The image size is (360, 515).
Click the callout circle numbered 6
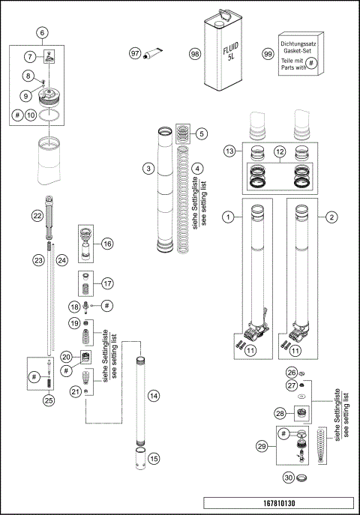click(41, 33)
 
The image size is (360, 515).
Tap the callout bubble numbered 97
click(136, 54)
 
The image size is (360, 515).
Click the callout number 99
click(268, 55)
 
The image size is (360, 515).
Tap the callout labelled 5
click(201, 134)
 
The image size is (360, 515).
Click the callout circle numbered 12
click(279, 151)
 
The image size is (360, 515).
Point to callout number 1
click(226, 217)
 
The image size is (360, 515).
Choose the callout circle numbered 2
click(330, 217)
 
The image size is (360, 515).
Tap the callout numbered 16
click(107, 244)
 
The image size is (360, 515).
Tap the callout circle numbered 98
click(195, 54)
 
